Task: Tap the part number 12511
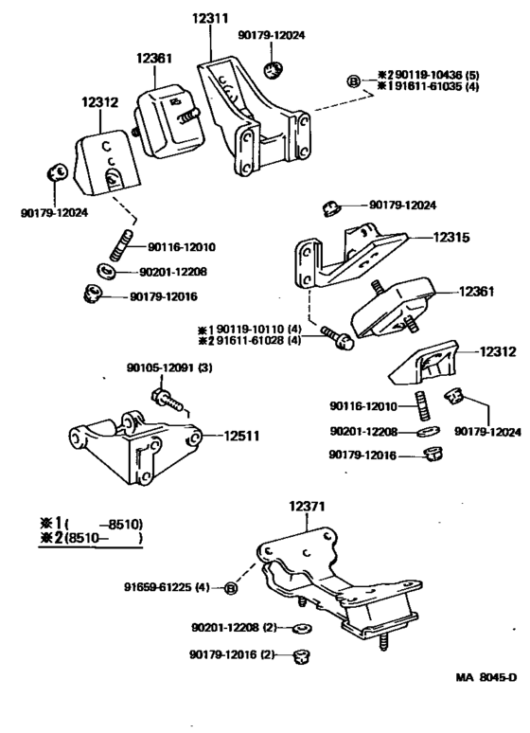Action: (x=245, y=437)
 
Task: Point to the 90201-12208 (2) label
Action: (x=233, y=628)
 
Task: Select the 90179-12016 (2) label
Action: (x=233, y=654)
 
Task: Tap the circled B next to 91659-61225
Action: (x=231, y=590)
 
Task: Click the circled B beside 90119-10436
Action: (x=353, y=81)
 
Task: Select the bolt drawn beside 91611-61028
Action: (x=339, y=337)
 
